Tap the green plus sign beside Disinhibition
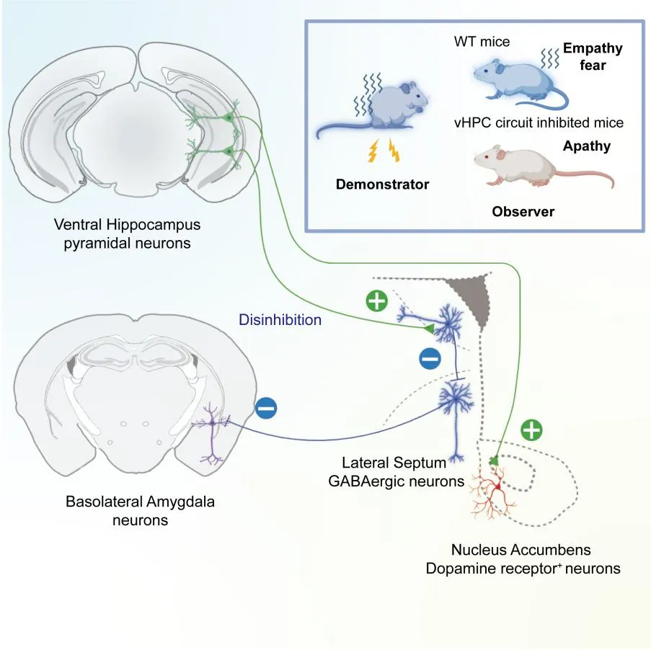point(377,302)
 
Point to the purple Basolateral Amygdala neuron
point(213,432)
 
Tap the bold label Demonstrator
point(382,184)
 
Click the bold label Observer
point(523,212)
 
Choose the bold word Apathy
point(586,146)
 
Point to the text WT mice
point(482,42)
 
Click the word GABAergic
point(368,481)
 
